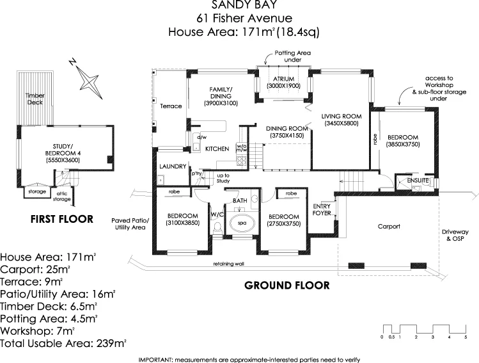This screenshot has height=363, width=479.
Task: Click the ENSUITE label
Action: (418, 181)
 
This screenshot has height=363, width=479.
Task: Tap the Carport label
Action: (388, 227)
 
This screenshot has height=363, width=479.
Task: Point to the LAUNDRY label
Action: (171, 166)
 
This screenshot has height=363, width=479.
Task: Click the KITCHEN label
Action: (217, 149)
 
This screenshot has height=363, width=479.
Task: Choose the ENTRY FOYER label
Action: (322, 209)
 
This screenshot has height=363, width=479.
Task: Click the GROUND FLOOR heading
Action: (287, 285)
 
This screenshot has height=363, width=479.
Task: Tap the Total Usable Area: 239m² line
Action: (63, 344)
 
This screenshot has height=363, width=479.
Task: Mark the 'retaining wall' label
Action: (229, 264)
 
